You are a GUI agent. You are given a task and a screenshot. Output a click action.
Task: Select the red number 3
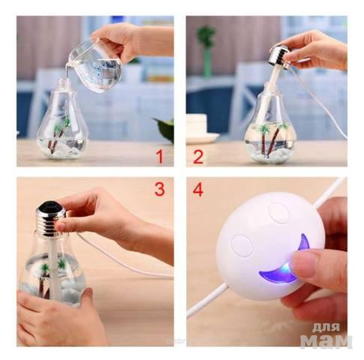pyautogui.click(x=160, y=189)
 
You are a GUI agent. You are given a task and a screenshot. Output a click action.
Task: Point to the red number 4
pyautogui.click(x=198, y=190)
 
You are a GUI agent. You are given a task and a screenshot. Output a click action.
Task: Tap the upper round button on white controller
pyautogui.click(x=278, y=213)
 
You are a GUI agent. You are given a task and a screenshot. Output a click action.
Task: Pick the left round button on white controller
pyautogui.click(x=242, y=245)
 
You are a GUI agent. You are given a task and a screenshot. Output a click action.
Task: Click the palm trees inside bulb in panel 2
pyautogui.click(x=272, y=139)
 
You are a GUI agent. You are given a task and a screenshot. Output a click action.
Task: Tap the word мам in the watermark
pyautogui.click(x=326, y=340)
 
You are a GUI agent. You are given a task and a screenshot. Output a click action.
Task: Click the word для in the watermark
pyautogui.click(x=326, y=327)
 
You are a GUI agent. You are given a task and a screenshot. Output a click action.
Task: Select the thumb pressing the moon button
pyautogui.click(x=310, y=265)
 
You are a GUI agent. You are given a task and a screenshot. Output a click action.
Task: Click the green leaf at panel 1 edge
pyautogui.click(x=165, y=130)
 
